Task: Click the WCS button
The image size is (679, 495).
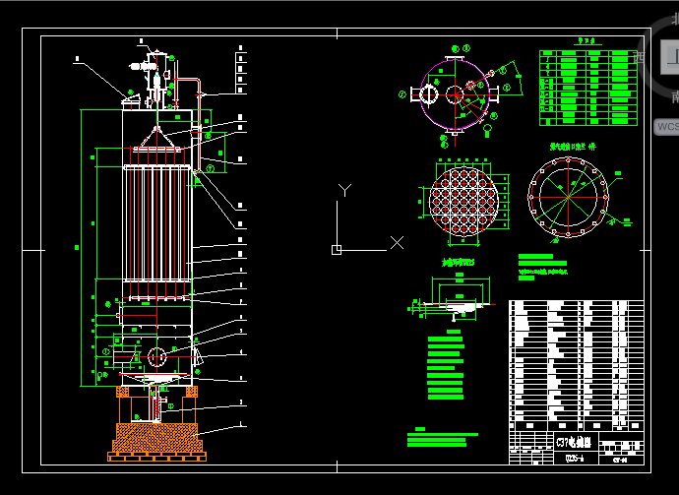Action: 666,126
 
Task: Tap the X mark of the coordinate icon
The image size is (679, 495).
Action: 397,241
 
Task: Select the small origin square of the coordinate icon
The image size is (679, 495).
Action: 337,249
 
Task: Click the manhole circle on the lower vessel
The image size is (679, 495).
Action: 156,355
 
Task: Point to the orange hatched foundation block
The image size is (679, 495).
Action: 157,437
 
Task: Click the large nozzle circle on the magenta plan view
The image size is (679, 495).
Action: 429,94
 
